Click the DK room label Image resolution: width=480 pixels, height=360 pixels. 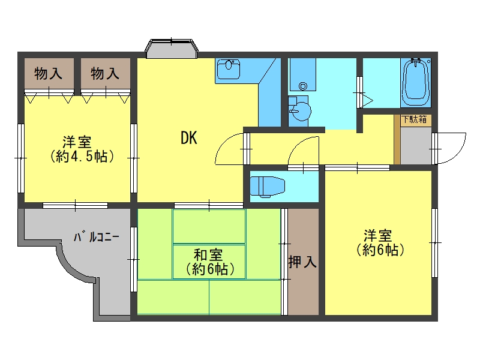[189, 138]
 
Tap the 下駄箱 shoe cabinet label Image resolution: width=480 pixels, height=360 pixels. [415, 119]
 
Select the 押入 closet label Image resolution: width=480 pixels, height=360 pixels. [302, 262]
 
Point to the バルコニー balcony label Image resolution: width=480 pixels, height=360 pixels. [97, 237]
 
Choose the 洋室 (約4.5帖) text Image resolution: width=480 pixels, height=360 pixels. [82, 149]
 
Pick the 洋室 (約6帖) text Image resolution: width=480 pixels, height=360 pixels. [380, 243]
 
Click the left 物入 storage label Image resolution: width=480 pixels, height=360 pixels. [49, 74]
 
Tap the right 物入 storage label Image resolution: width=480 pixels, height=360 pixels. [104, 74]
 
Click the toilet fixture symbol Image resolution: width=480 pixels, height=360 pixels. [268, 186]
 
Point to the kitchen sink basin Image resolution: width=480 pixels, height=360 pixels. [229, 69]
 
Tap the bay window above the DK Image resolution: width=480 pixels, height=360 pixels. [172, 49]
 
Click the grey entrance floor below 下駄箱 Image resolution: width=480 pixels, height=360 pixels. [416, 145]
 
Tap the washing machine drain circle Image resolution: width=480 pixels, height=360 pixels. [303, 86]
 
